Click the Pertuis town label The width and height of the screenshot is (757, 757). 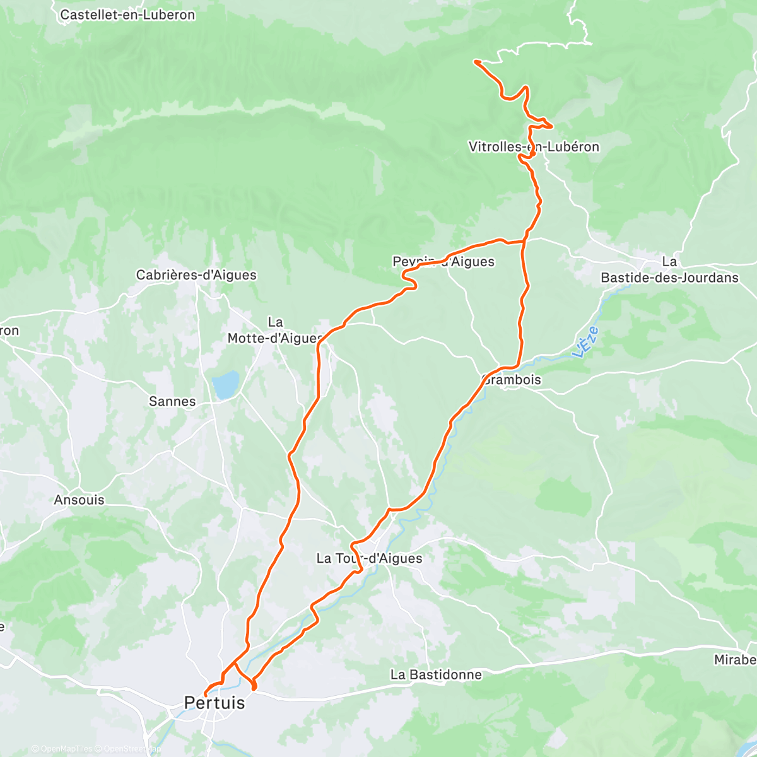pyautogui.click(x=214, y=703)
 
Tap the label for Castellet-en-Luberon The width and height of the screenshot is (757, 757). pyautogui.click(x=127, y=15)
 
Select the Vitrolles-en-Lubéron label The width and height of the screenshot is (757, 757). pyautogui.click(x=534, y=147)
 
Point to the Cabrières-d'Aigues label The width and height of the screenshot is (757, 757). pyautogui.click(x=196, y=275)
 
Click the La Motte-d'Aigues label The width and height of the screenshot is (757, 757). pyautogui.click(x=275, y=331)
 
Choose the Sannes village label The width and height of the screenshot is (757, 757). pyautogui.click(x=172, y=401)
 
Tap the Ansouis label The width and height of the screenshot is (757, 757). pyautogui.click(x=79, y=500)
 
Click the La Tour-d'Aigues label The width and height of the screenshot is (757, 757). pyautogui.click(x=369, y=558)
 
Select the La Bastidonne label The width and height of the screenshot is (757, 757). pyautogui.click(x=436, y=675)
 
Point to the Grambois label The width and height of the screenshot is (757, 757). pyautogui.click(x=512, y=380)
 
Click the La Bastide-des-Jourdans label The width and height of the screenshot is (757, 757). pyautogui.click(x=669, y=269)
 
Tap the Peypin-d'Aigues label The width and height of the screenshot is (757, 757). pyautogui.click(x=443, y=262)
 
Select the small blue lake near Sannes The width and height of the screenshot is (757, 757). pyautogui.click(x=225, y=384)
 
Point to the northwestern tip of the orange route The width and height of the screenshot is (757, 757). pyautogui.click(x=474, y=61)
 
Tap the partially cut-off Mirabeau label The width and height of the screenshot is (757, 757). pyautogui.click(x=736, y=660)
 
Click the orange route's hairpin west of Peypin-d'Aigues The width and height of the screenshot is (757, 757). pyautogui.click(x=404, y=273)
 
